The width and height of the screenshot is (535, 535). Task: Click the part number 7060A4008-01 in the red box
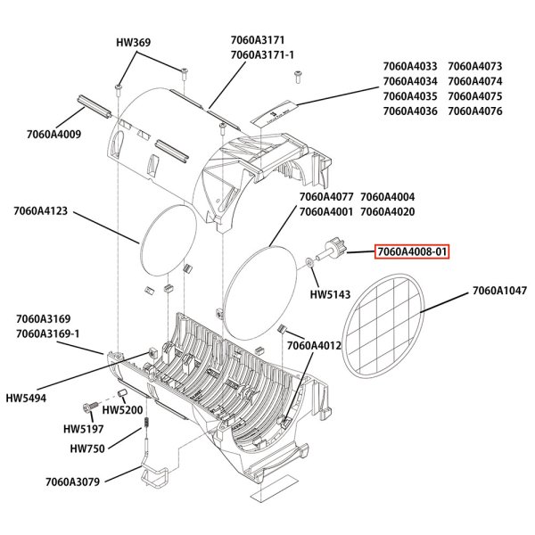[411, 252]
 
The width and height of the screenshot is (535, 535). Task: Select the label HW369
[133, 42]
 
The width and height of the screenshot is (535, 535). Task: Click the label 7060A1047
[500, 291]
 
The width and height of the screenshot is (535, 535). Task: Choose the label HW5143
[328, 293]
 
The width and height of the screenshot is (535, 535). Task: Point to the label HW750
[88, 449]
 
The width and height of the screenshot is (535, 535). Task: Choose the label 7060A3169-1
[46, 333]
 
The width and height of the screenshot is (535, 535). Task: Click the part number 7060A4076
[476, 111]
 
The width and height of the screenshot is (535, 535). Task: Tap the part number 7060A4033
[409, 66]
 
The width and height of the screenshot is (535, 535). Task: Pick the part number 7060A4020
[387, 211]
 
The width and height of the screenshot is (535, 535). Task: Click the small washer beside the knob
[309, 262]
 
